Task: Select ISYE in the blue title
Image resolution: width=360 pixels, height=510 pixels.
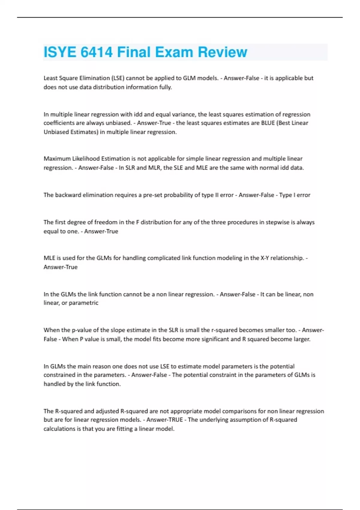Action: coord(60,52)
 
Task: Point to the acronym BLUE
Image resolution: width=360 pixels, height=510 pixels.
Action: coord(268,123)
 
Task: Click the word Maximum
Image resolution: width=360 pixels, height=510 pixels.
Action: coord(57,158)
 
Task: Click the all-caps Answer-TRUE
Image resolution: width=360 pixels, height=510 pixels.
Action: coord(164,419)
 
